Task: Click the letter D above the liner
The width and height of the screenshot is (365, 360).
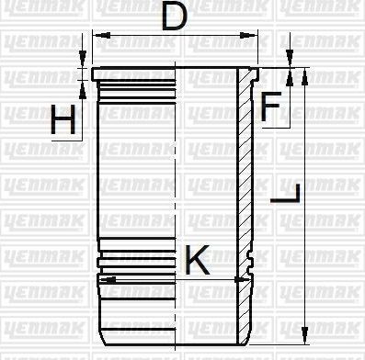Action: [180, 17]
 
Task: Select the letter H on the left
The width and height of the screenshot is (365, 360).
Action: [63, 120]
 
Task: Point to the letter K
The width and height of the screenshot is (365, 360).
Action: [197, 260]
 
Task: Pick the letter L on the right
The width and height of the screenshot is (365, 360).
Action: [288, 194]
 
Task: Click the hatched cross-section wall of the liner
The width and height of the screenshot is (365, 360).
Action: [247, 184]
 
